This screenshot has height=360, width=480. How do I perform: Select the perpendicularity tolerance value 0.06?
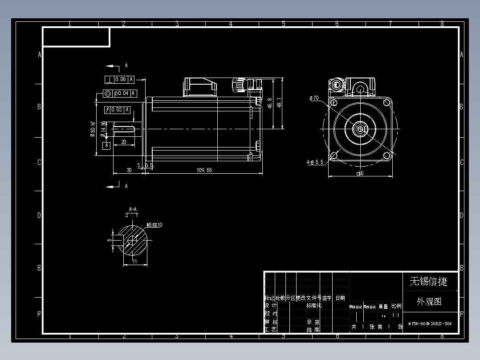[x=121, y=80]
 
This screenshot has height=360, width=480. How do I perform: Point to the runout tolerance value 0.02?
[x=117, y=110]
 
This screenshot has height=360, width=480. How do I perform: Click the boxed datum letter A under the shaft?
[x=106, y=146]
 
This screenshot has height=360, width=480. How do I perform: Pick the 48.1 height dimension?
[x=279, y=103]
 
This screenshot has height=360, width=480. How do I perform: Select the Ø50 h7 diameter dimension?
[x=93, y=129]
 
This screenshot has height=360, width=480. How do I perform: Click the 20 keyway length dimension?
[x=123, y=142]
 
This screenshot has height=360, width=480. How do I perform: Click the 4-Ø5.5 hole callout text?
[x=314, y=163]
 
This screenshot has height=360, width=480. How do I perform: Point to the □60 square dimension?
[x=360, y=173]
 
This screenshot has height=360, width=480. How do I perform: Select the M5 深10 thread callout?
[x=154, y=225]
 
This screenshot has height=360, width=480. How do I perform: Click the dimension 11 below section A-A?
[x=134, y=262]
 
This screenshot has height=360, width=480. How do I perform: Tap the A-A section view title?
[x=133, y=209]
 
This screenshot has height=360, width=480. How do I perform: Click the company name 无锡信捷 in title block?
[x=428, y=282]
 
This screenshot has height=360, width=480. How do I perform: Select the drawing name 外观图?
[x=429, y=302]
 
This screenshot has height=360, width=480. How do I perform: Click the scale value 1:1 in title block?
[x=395, y=315]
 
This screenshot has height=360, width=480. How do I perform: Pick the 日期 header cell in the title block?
[x=340, y=298]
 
